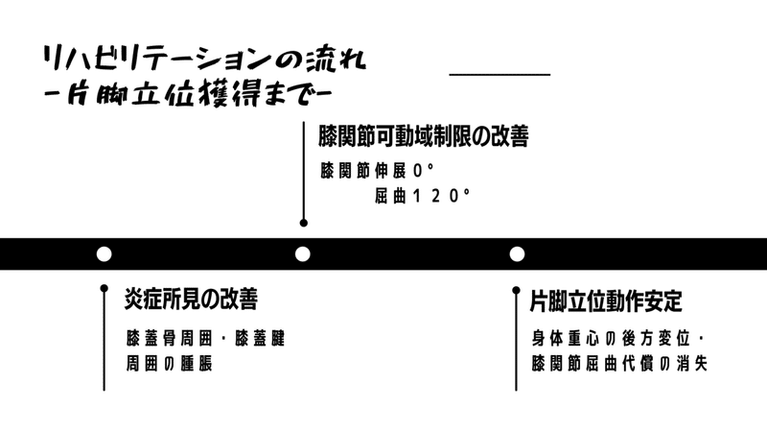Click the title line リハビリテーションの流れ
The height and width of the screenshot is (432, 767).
click(x=203, y=60)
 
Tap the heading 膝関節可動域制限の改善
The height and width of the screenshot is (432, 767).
click(x=424, y=137)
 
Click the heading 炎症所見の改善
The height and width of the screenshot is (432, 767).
click(x=191, y=300)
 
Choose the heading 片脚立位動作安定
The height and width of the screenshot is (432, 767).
click(x=606, y=300)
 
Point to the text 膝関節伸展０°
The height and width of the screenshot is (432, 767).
click(x=378, y=171)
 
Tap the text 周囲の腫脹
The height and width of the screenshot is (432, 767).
click(x=168, y=365)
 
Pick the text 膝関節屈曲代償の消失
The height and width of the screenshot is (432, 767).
click(x=619, y=365)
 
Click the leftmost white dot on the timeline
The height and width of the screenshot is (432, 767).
click(x=105, y=254)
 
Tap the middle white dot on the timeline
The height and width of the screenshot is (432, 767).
click(x=303, y=254)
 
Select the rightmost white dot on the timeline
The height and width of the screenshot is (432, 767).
click(x=517, y=254)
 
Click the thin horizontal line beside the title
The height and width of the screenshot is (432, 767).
click(x=500, y=74)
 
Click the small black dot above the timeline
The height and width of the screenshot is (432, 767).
click(x=303, y=223)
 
